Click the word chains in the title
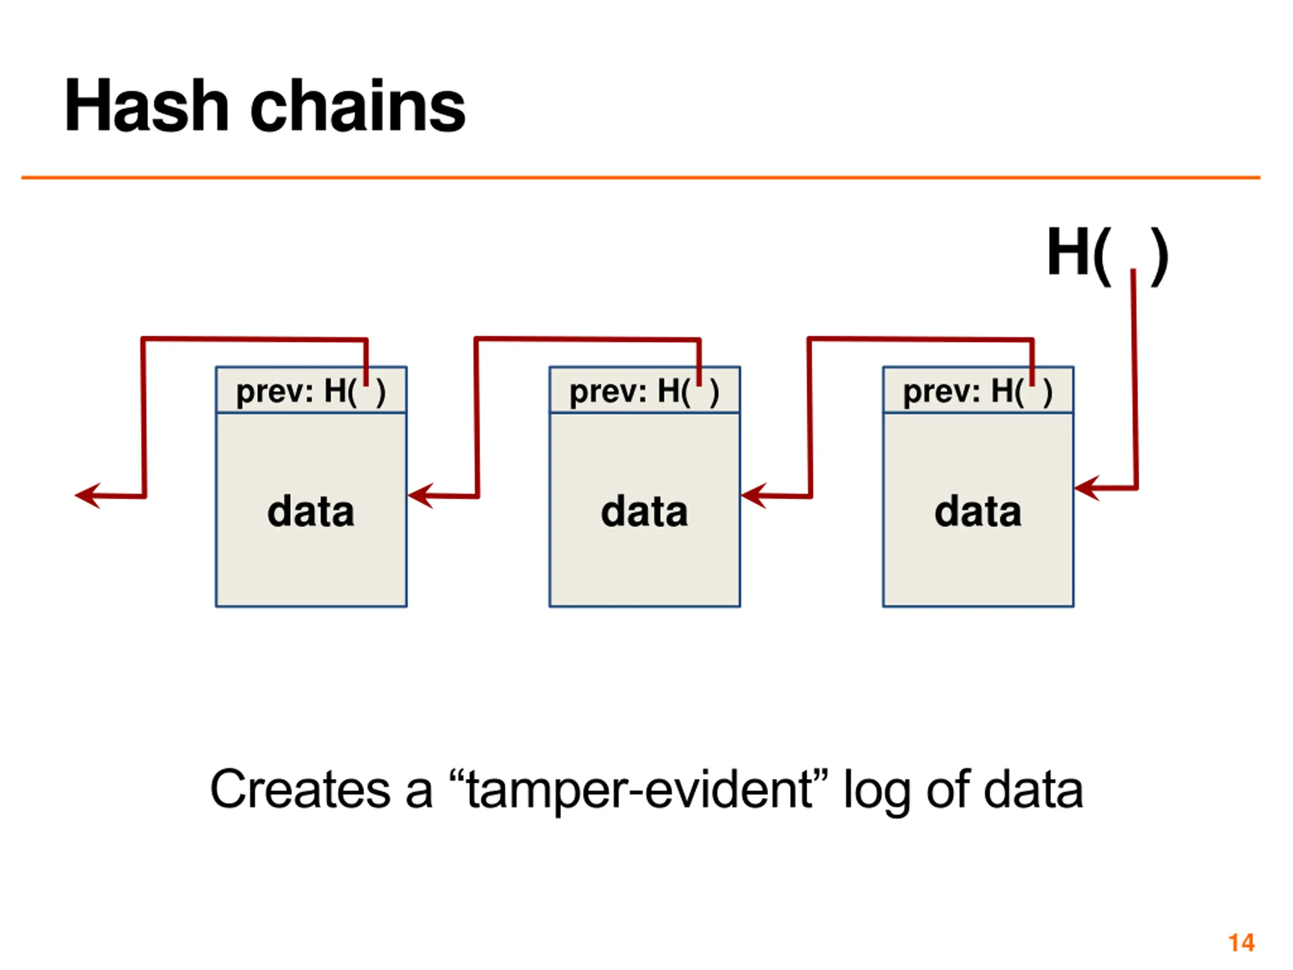point(358,105)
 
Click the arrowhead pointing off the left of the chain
point(88,496)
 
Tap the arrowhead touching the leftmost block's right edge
point(420,496)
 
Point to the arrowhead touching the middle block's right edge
point(754,496)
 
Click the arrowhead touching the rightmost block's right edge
point(1087,488)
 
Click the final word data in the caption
point(1033,789)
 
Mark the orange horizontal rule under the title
point(640,177)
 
